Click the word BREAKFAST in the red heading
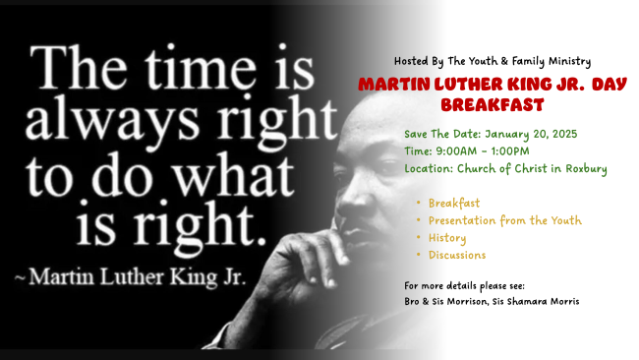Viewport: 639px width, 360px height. point(493,105)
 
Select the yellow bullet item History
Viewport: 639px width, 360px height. point(447,238)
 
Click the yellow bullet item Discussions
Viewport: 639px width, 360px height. point(457,255)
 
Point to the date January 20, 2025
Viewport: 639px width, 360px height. point(531,134)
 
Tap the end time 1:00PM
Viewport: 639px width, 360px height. point(510,151)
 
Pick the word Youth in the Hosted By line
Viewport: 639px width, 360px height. point(483,61)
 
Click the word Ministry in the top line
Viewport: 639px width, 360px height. point(570,62)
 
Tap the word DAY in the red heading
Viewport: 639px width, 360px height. point(610,85)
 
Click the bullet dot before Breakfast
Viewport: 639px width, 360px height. point(419,203)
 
